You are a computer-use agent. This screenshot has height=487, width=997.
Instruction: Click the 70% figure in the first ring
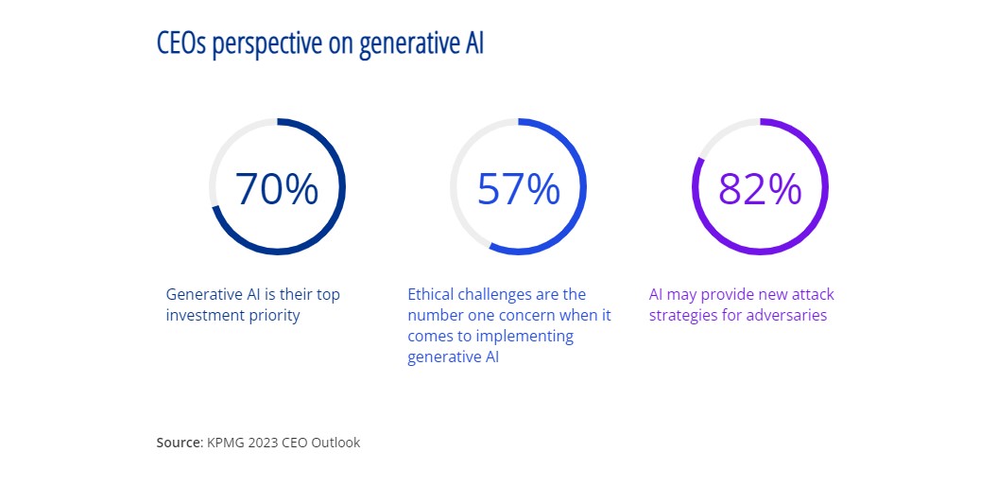click(x=277, y=188)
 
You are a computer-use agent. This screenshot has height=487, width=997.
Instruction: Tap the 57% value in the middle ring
click(x=518, y=188)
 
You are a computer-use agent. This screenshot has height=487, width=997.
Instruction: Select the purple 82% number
click(x=760, y=188)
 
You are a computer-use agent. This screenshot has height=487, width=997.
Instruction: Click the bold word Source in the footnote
click(x=178, y=443)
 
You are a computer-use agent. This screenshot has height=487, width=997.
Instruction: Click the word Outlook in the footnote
click(x=335, y=443)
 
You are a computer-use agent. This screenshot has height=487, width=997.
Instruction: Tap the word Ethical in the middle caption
click(x=429, y=295)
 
